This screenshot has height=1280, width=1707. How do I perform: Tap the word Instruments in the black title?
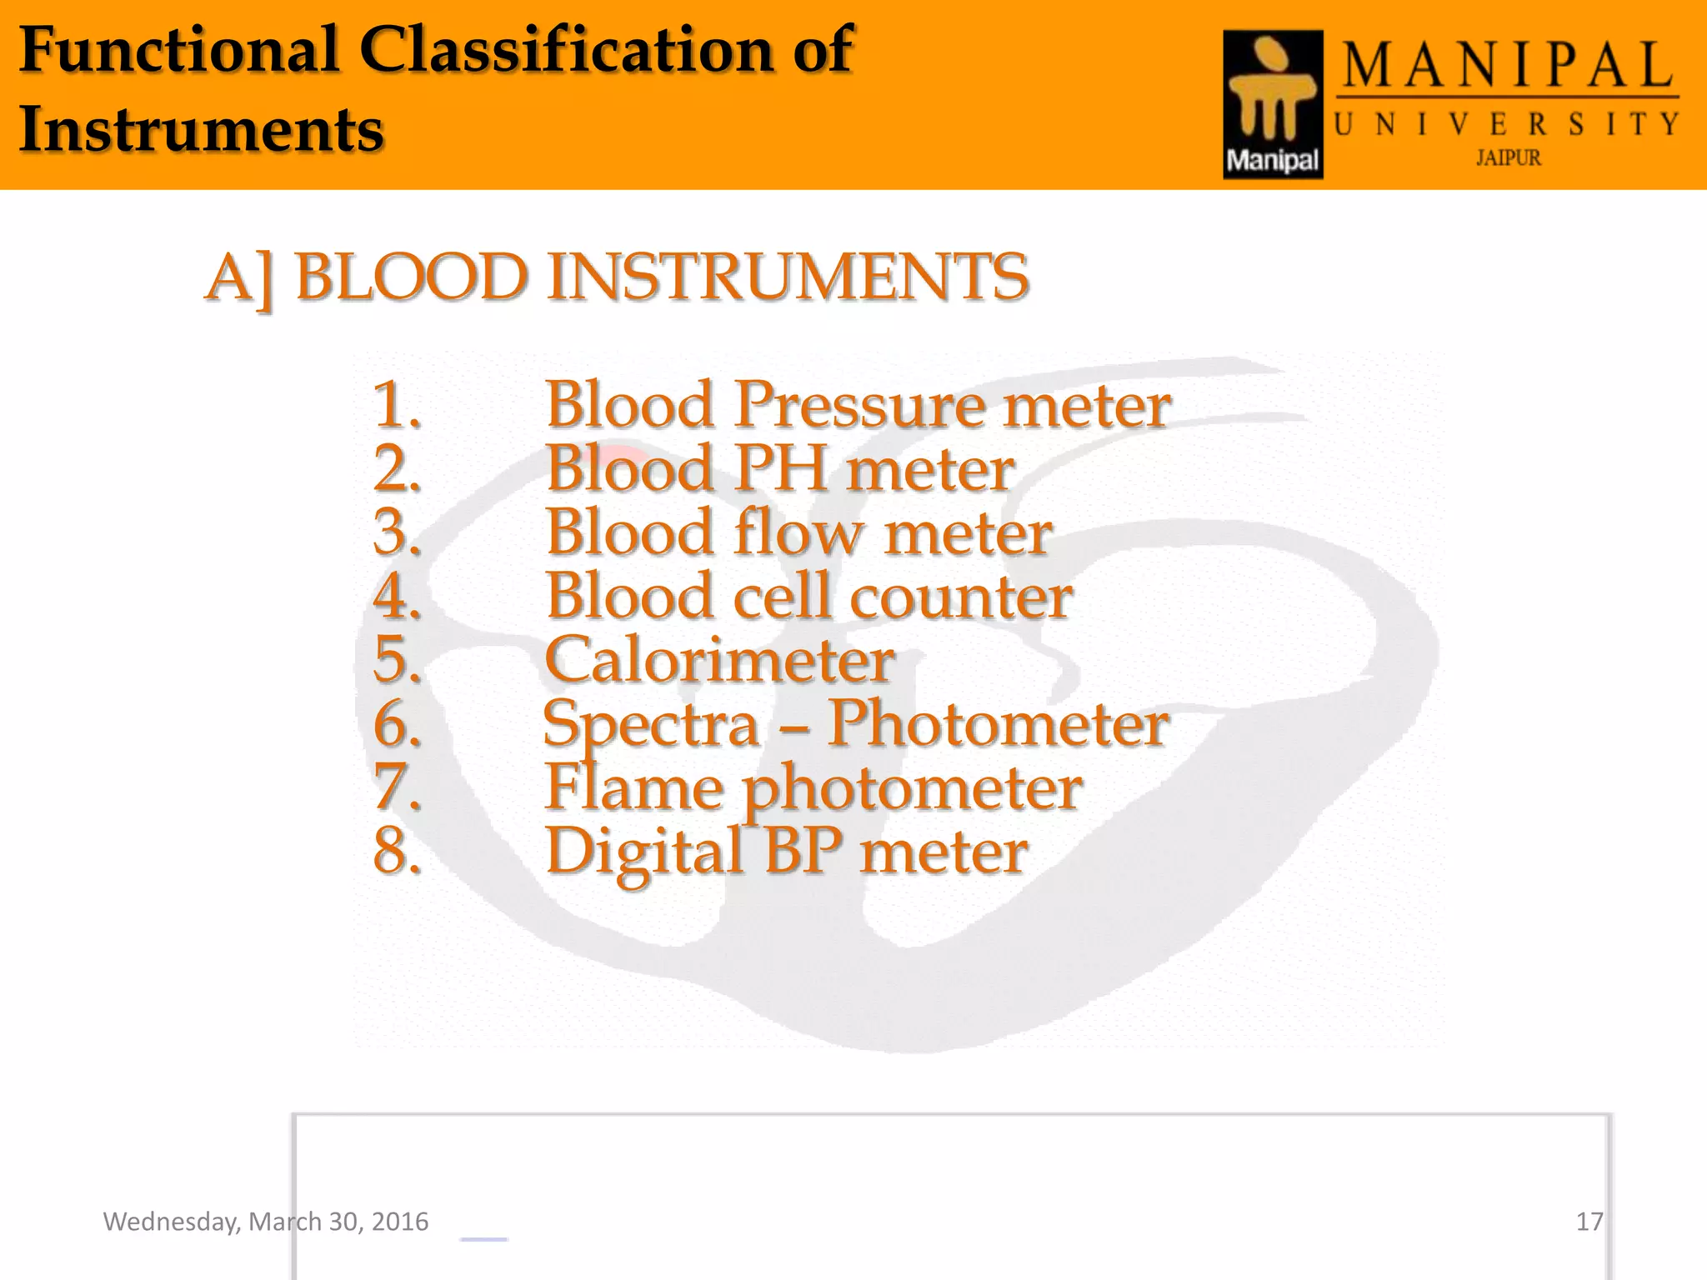coord(201,129)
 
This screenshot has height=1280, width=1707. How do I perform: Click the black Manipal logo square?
coord(1273,104)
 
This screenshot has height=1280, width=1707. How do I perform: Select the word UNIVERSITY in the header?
coord(1505,125)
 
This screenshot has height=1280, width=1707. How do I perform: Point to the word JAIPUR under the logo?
coord(1508,157)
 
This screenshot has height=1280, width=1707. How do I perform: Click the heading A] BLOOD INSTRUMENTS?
coord(617,277)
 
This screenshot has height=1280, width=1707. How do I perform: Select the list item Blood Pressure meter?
coord(858,405)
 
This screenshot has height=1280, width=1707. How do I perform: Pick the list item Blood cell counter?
coord(808,596)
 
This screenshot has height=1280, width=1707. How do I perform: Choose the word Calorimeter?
coord(719,659)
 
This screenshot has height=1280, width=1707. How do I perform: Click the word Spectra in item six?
coord(650,723)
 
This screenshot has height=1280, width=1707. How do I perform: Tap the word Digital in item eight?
coord(643,852)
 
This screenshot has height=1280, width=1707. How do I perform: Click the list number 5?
coord(397,659)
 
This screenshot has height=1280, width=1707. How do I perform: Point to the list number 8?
coord(397,851)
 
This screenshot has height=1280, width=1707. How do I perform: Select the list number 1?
coord(397,405)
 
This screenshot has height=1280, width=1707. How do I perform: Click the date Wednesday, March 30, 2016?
coord(265,1222)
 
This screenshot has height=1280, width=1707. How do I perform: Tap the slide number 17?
coord(1589,1222)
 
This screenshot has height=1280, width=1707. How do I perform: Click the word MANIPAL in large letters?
coord(1507,67)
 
